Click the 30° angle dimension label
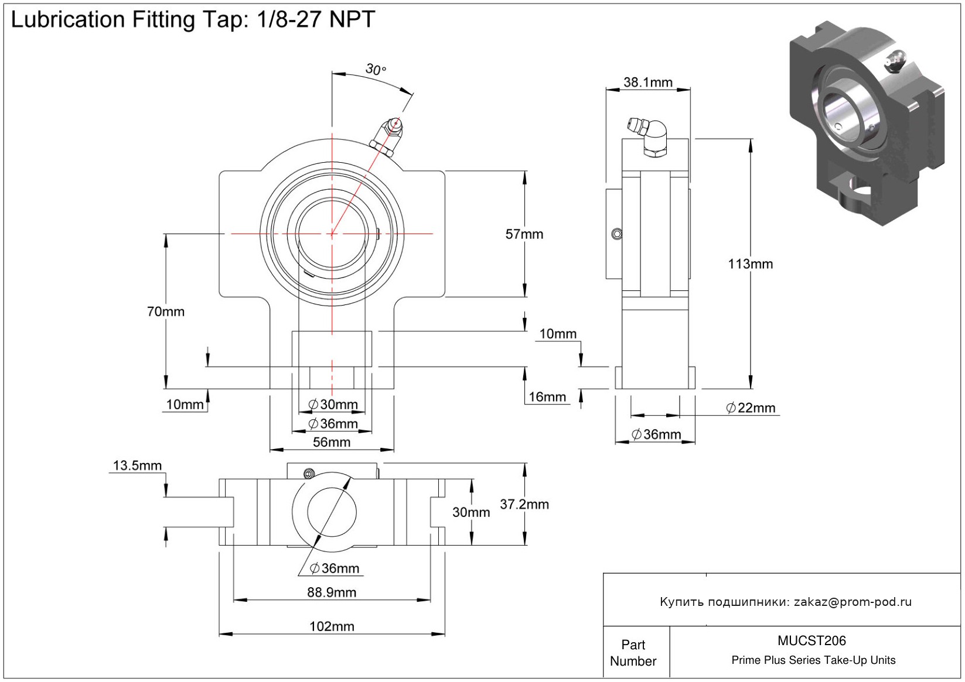(x=376, y=70)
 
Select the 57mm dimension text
(x=524, y=234)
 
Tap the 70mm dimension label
(x=166, y=311)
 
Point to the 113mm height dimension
(x=750, y=264)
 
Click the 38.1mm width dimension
(x=647, y=83)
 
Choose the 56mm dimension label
(x=332, y=442)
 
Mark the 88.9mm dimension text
(x=332, y=592)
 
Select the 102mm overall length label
(x=332, y=626)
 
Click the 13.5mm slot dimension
(x=137, y=466)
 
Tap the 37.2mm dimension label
(x=524, y=504)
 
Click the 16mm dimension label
(x=547, y=397)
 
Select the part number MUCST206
(x=811, y=641)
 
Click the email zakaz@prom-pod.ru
(x=853, y=602)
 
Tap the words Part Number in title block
(x=633, y=653)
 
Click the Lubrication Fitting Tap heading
(x=193, y=20)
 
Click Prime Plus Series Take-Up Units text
(x=813, y=660)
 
